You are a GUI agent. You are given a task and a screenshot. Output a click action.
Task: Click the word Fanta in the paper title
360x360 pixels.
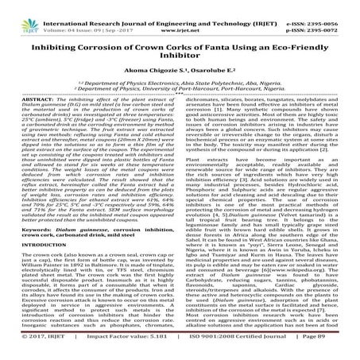[215, 45]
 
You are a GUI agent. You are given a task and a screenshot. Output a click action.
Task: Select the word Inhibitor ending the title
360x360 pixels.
[180, 57]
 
